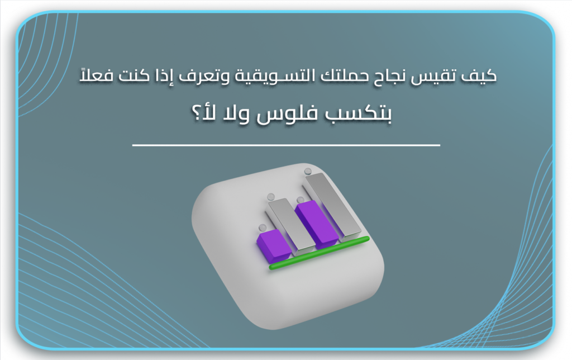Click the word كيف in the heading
pos(481,76)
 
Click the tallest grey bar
pos(332,204)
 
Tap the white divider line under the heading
pos(286,145)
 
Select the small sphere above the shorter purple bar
pos(262,228)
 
